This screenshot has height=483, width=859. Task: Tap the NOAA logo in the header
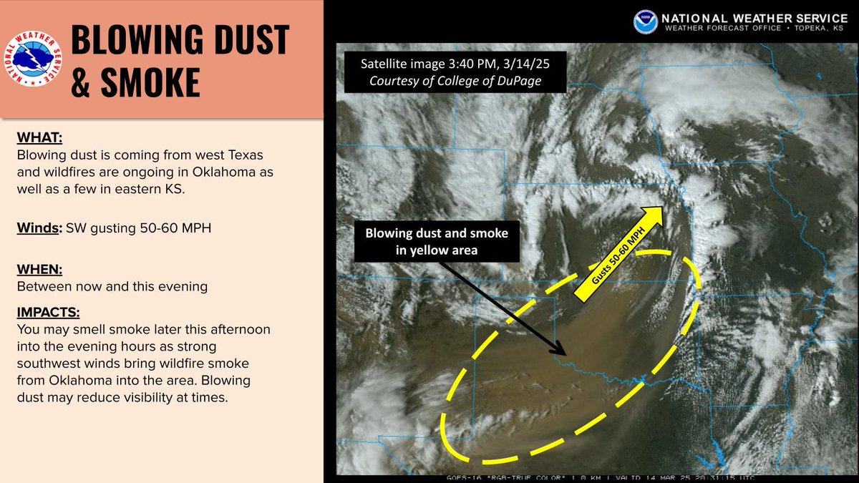tap(644, 21)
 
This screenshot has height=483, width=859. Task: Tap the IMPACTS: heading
tap(47, 313)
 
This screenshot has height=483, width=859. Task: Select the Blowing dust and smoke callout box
tap(437, 241)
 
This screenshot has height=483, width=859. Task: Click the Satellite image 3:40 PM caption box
tap(455, 72)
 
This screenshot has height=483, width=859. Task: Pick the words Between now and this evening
tap(112, 286)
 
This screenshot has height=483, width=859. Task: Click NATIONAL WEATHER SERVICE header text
tap(754, 17)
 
